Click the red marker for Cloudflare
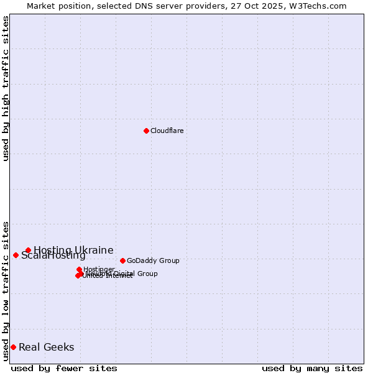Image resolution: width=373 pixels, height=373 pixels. pyautogui.click(x=146, y=131)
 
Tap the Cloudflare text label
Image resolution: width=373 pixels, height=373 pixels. pyautogui.click(x=167, y=131)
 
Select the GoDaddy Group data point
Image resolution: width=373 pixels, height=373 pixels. pyautogui.click(x=122, y=260)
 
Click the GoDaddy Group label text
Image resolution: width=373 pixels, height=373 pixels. pyautogui.click(x=152, y=260)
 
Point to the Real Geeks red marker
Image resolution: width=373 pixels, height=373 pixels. pyautogui.click(x=13, y=347)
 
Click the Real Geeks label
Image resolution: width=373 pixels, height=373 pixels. pyautogui.click(x=46, y=347)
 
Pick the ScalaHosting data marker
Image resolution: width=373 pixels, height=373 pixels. pyautogui.click(x=16, y=255)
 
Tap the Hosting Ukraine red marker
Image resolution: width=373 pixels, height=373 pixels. pyautogui.click(x=28, y=250)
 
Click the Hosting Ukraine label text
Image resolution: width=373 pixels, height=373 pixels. pyautogui.click(x=73, y=250)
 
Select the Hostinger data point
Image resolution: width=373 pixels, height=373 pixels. pyautogui.click(x=79, y=270)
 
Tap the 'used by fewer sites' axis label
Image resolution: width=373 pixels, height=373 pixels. pyautogui.click(x=64, y=368)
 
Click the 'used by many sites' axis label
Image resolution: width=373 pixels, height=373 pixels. pyautogui.click(x=312, y=368)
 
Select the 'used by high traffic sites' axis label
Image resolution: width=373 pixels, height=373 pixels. pyautogui.click(x=6, y=88)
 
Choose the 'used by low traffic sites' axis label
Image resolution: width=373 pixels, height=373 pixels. pyautogui.click(x=6, y=290)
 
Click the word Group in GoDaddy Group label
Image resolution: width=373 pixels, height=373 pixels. pyautogui.click(x=168, y=260)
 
